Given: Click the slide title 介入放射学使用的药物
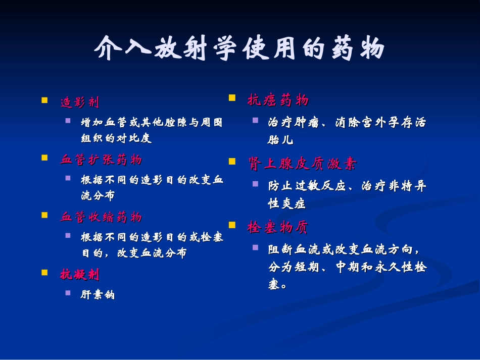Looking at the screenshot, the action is (239, 48).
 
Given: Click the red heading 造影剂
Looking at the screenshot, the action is (80, 102).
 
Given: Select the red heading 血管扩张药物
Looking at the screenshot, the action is (101, 160).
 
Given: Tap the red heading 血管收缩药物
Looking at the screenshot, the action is (101, 217).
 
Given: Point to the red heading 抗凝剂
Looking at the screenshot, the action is (80, 274).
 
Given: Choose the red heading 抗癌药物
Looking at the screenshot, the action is (278, 100).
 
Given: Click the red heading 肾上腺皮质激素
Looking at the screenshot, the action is (302, 164).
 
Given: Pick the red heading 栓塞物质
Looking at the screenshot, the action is (277, 227).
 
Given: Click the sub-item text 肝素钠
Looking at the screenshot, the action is (98, 294).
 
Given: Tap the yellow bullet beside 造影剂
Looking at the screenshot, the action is (44, 100).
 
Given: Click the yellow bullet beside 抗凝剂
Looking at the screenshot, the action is (44, 273).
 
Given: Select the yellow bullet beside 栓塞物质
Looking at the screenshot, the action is (232, 225).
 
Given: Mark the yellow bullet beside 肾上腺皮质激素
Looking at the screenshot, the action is (232, 161).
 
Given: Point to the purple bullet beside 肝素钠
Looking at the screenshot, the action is (68, 293).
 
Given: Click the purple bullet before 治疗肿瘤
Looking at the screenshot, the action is (255, 120).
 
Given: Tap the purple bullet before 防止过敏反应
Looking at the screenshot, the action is (255, 184).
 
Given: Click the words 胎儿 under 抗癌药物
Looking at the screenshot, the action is (280, 140).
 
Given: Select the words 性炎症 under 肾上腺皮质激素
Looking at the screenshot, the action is (287, 203).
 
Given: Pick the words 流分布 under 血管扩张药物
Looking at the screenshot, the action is (98, 195).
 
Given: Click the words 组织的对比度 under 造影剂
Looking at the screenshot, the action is (116, 138).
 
